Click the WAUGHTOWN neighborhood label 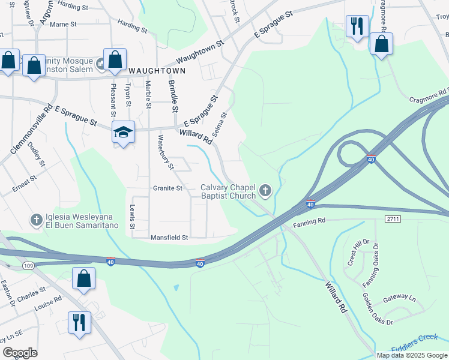click(152, 70)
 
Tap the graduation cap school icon click(123, 133)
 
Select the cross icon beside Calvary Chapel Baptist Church click(265, 191)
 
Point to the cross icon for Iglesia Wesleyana click(36, 220)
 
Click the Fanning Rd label click(309, 224)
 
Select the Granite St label click(167, 188)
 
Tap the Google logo click(20, 353)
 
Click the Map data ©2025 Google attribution click(412, 355)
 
